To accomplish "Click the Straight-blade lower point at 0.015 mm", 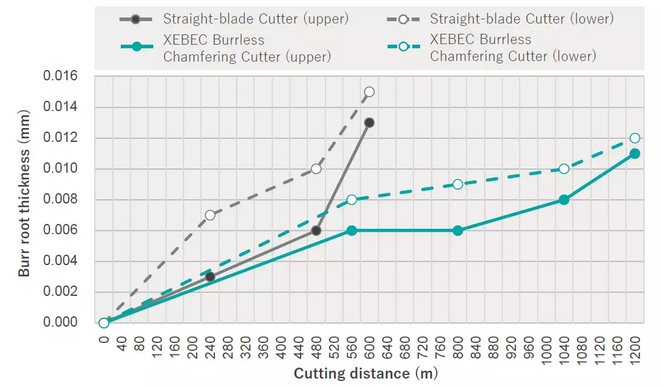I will tap(369, 92).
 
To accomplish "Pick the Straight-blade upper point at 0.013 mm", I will tap(369, 123).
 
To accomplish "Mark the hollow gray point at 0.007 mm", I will tap(210, 215).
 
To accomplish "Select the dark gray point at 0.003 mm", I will tap(210, 277).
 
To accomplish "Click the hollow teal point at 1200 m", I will tap(634, 138).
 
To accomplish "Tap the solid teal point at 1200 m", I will tap(634, 153).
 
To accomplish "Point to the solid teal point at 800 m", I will tap(458, 230).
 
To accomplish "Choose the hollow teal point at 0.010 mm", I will tap(564, 169).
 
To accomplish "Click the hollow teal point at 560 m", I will tap(352, 200).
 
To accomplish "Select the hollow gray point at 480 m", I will tap(316, 169).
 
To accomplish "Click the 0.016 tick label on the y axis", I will tap(61, 77).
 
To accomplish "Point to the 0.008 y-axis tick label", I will tap(61, 200).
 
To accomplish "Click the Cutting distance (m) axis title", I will tap(366, 374).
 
